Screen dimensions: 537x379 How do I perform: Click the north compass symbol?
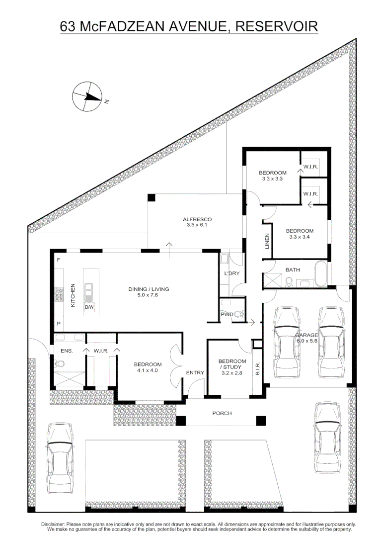tap(87, 97)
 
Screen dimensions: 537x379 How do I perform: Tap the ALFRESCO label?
tap(197, 219)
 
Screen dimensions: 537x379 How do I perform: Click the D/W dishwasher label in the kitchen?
tap(89, 308)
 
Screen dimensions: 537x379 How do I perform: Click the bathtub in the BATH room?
tap(320, 275)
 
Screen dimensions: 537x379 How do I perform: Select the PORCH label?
tap(222, 413)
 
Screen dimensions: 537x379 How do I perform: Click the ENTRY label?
tap(195, 372)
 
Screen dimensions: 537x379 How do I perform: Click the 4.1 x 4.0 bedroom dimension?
tap(148, 370)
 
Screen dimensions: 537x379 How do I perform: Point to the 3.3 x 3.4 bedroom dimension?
tap(300, 237)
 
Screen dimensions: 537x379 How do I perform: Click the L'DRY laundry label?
tap(232, 274)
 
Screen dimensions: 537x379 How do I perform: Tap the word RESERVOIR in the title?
tap(276, 26)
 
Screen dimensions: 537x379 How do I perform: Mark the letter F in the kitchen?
tap(58, 261)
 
